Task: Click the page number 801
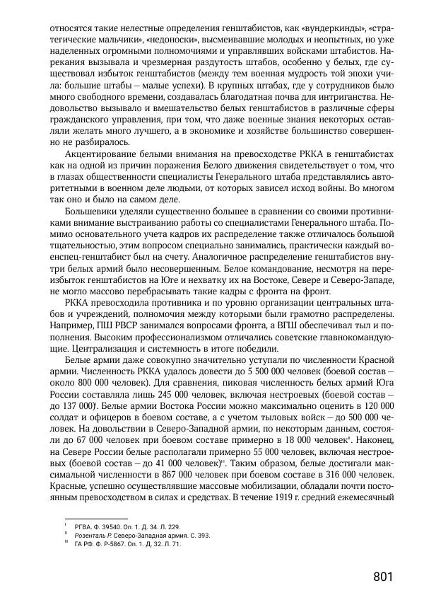(382, 577)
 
